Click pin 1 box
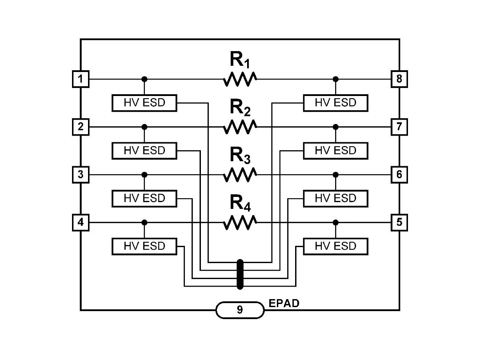(80, 80)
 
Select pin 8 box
(399, 80)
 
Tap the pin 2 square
(80, 127)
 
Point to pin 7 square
(399, 127)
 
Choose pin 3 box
(80, 174)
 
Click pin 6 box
(399, 174)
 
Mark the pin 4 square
(80, 222)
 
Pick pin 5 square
(399, 222)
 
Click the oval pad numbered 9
(240, 310)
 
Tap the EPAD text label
(284, 304)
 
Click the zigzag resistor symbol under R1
(240, 80)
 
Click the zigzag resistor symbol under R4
(240, 222)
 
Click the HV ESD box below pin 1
(144, 103)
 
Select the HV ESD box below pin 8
(336, 103)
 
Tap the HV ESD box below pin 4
(144, 246)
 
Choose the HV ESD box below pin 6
(336, 198)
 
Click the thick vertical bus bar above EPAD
(240, 274)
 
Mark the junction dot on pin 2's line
(144, 127)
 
